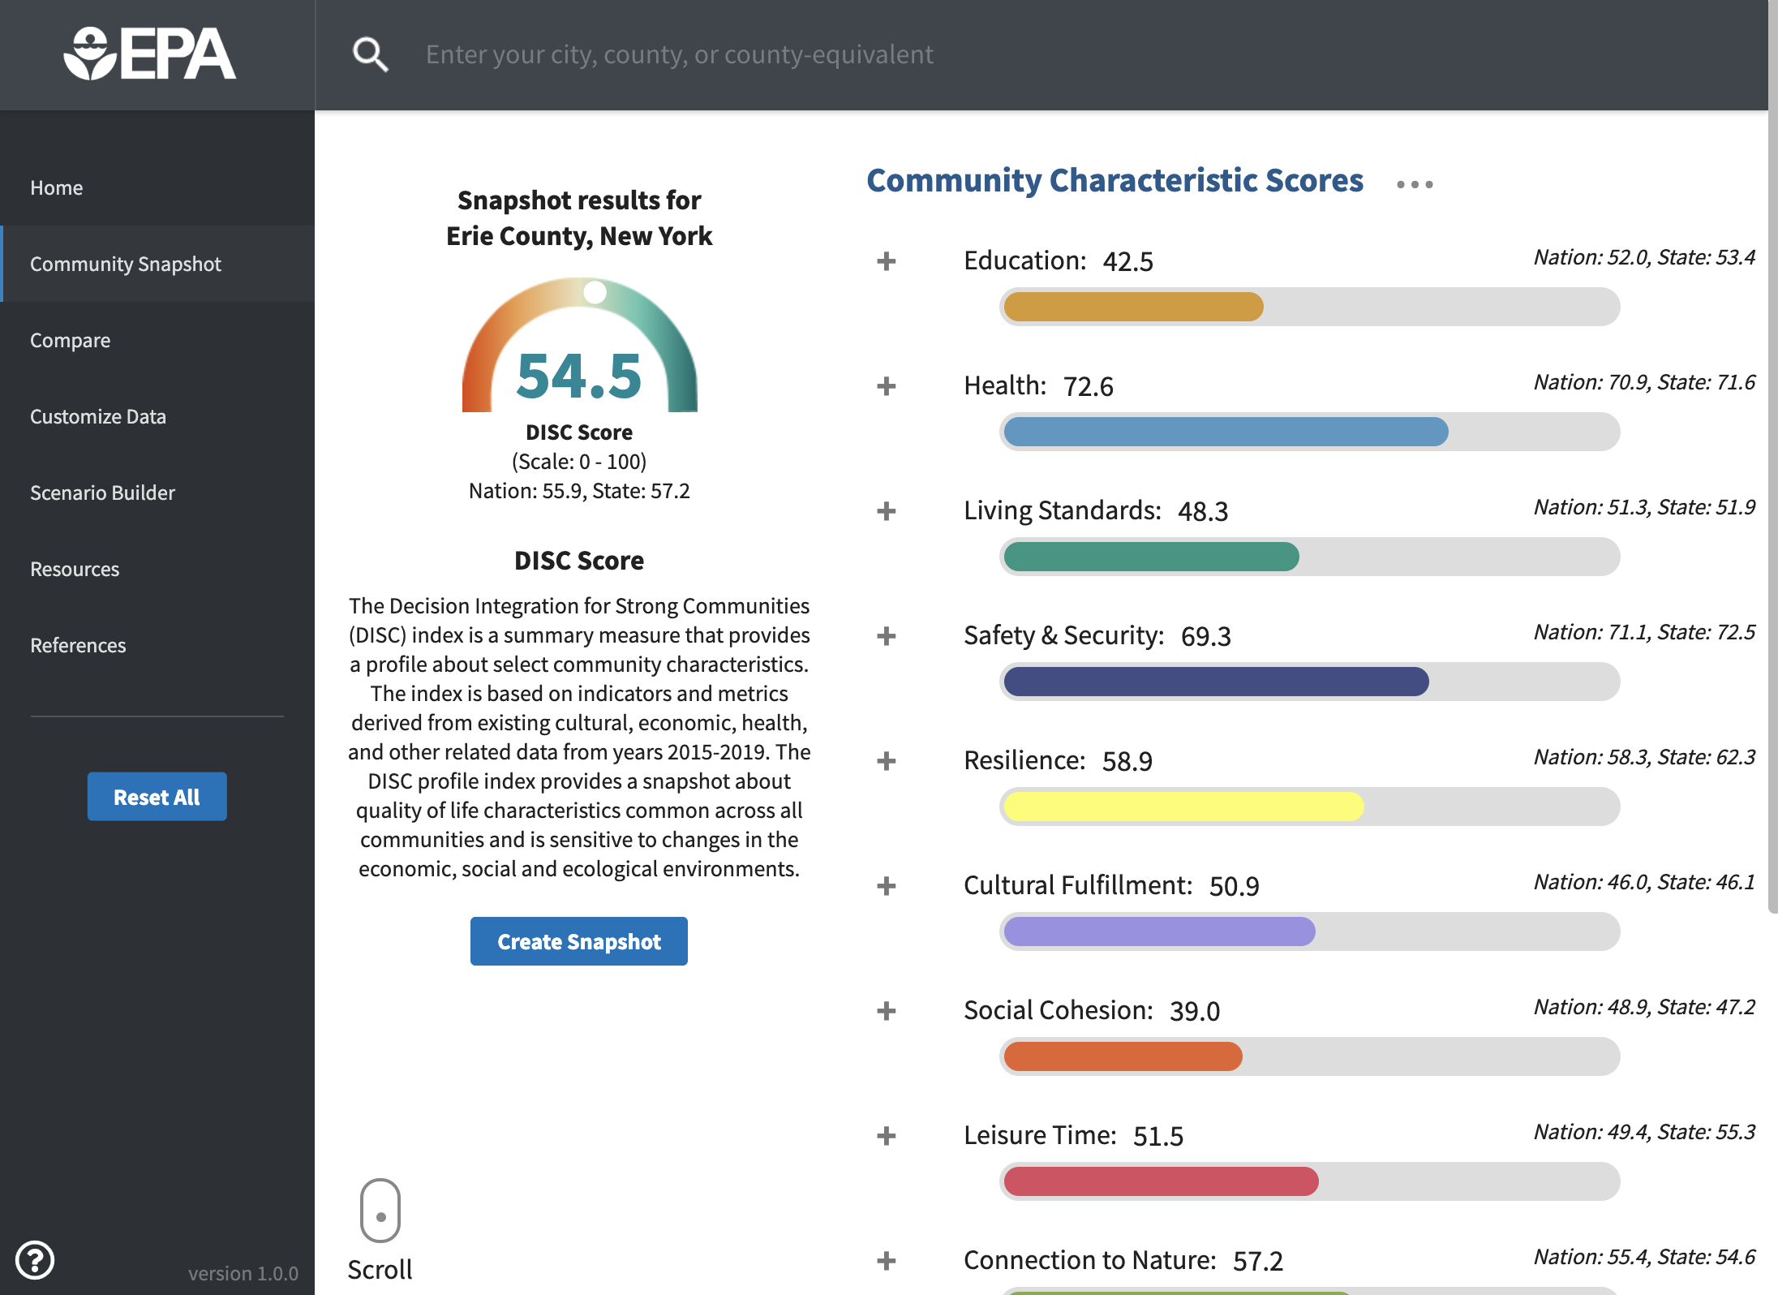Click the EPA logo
tap(150, 54)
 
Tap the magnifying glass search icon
tap(370, 54)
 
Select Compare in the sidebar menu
tap(71, 340)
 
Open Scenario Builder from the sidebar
tap(102, 493)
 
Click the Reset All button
tap(157, 796)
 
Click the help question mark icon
tap(35, 1260)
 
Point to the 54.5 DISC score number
tap(579, 376)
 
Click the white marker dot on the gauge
tap(595, 292)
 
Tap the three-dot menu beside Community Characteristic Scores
tap(1415, 185)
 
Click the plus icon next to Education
tap(887, 261)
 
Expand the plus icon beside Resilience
tap(887, 761)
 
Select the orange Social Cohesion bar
tap(1123, 1056)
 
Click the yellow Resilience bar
tap(1183, 807)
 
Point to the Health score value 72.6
tap(1089, 386)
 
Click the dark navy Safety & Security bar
tap(1216, 682)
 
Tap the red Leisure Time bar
tap(1161, 1181)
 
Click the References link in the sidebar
tap(78, 645)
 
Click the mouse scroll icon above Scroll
tap(380, 1211)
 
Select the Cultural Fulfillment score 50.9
tap(1235, 886)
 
